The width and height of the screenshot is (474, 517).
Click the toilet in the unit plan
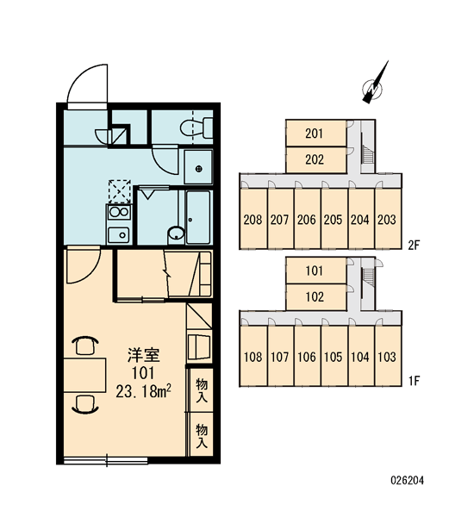[196, 128]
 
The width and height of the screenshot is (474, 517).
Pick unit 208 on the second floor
[253, 218]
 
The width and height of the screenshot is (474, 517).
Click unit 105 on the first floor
[334, 356]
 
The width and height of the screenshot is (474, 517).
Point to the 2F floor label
[414, 245]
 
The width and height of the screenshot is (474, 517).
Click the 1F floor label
[414, 382]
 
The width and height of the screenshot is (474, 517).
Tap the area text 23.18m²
[143, 391]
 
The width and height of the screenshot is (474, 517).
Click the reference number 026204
[407, 480]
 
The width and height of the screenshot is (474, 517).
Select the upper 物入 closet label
[202, 390]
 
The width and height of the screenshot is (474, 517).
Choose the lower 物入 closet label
[202, 436]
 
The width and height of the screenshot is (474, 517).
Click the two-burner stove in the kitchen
[119, 212]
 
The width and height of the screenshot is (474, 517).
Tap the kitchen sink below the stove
[119, 234]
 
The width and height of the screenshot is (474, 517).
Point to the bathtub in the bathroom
[198, 218]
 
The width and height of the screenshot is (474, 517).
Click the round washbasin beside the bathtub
[177, 234]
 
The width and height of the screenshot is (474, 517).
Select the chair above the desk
[85, 346]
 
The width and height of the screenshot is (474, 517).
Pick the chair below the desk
[85, 405]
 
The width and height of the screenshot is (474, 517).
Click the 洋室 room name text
[144, 355]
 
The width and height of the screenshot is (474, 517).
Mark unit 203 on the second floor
[388, 218]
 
